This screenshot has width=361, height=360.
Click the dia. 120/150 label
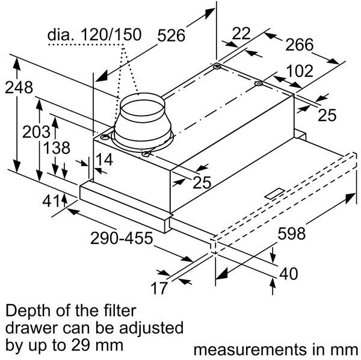coord(94,34)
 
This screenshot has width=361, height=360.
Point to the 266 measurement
coord(299,45)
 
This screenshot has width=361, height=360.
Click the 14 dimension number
coord(103,160)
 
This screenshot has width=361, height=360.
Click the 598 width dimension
coord(292,233)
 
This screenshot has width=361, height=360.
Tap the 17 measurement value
coord(158,288)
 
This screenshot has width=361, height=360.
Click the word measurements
coord(245,349)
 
